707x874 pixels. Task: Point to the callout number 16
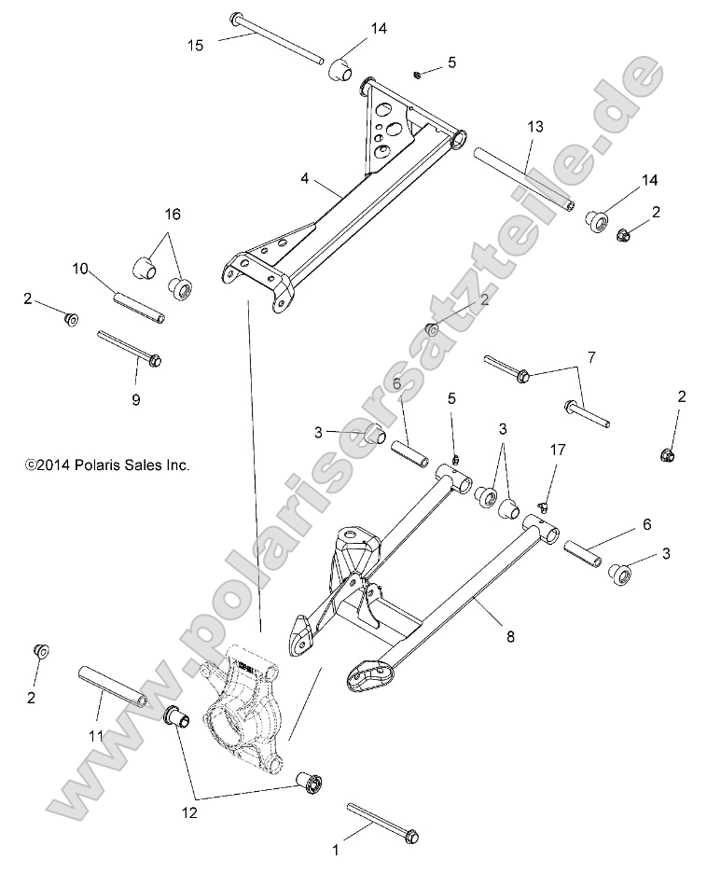click(170, 214)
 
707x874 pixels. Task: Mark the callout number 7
click(590, 357)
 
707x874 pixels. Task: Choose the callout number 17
click(557, 450)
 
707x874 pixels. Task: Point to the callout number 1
click(337, 849)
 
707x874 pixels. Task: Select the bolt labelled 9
click(129, 347)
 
